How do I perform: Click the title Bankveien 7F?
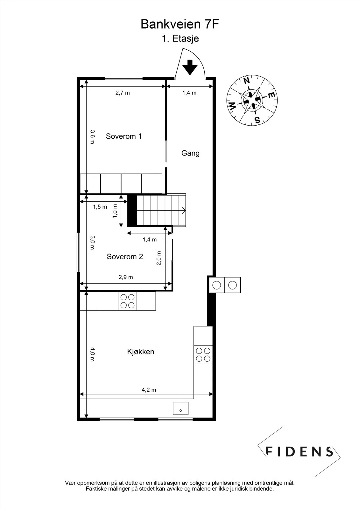click(180, 24)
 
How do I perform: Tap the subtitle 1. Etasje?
click(180, 38)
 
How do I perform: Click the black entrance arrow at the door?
click(190, 67)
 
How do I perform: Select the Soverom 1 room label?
click(124, 136)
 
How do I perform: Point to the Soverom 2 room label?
click(125, 256)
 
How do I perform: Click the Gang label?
click(190, 153)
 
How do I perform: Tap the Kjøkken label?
click(141, 352)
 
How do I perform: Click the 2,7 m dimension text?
click(123, 93)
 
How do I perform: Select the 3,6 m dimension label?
click(92, 137)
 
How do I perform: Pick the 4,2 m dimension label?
click(149, 390)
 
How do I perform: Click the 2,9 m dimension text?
click(126, 277)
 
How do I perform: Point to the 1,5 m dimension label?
click(100, 207)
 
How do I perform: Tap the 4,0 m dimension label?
click(92, 354)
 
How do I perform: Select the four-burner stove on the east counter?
click(203, 355)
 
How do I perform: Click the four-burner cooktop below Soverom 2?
click(127, 301)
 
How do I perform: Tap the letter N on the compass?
click(247, 81)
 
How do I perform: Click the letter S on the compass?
click(257, 120)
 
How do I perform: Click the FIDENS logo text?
click(299, 451)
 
